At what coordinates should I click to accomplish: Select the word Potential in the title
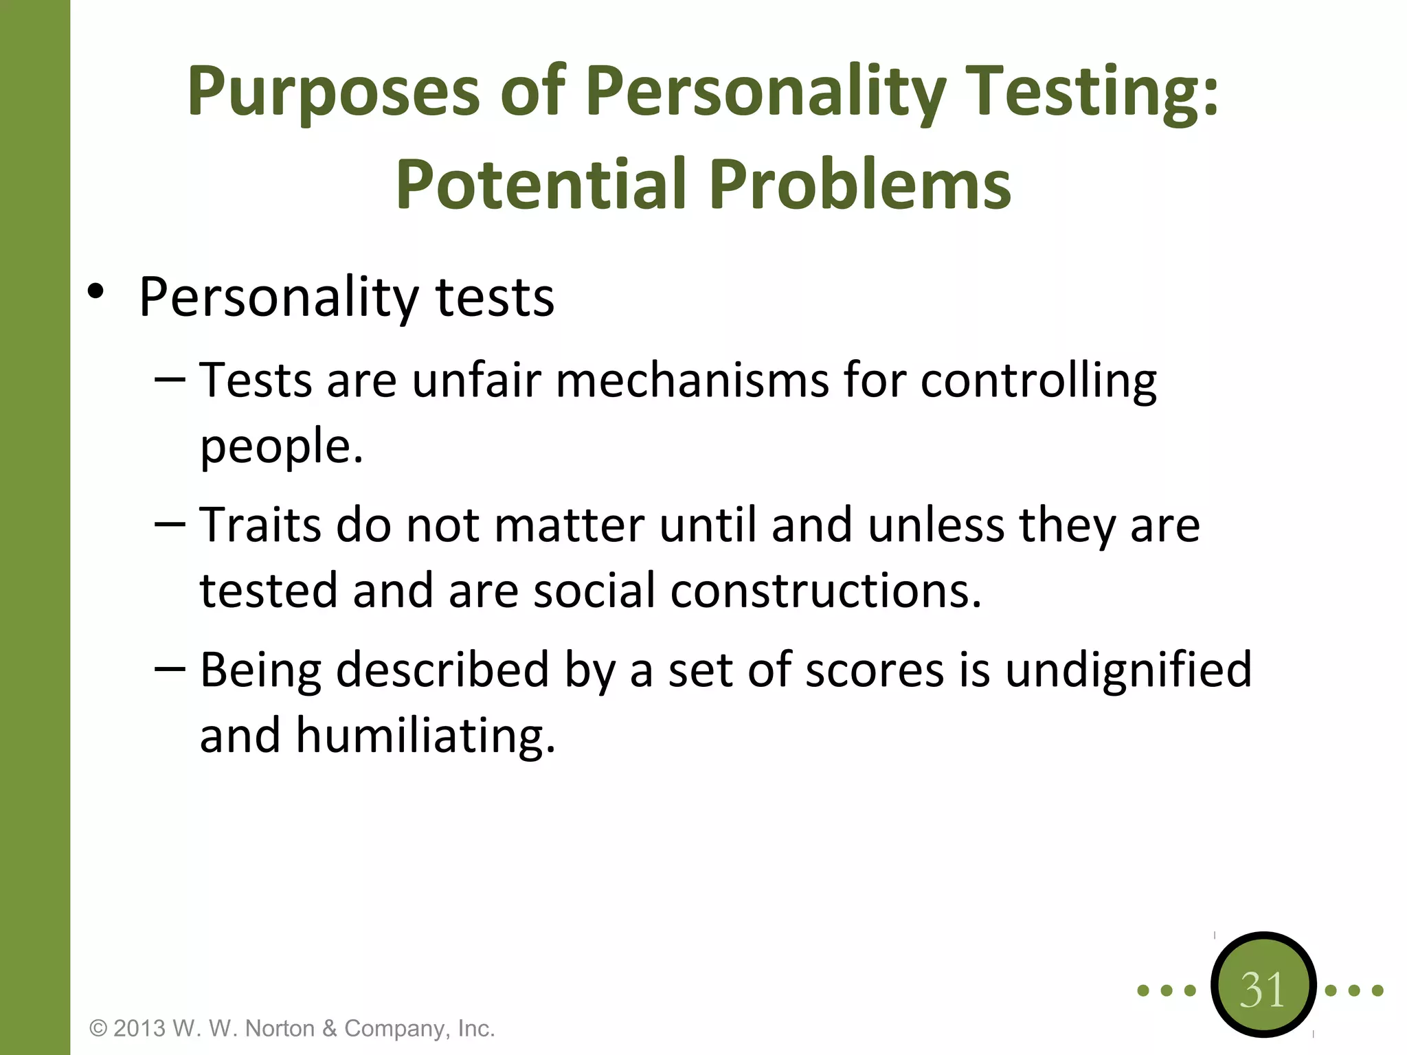click(x=541, y=184)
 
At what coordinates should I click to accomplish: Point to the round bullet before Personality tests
click(x=95, y=292)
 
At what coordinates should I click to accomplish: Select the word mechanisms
click(x=692, y=380)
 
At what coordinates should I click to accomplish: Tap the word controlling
click(x=1038, y=380)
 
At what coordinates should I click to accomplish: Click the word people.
click(x=281, y=446)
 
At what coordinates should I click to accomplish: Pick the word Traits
click(x=260, y=525)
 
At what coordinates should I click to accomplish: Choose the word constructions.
click(x=826, y=591)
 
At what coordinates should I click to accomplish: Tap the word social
click(x=594, y=591)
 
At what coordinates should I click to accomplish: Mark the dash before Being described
click(x=170, y=668)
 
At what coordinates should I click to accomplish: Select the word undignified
click(x=1128, y=670)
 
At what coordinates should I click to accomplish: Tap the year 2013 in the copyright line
click(x=139, y=1028)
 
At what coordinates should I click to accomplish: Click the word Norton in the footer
click(x=280, y=1028)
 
